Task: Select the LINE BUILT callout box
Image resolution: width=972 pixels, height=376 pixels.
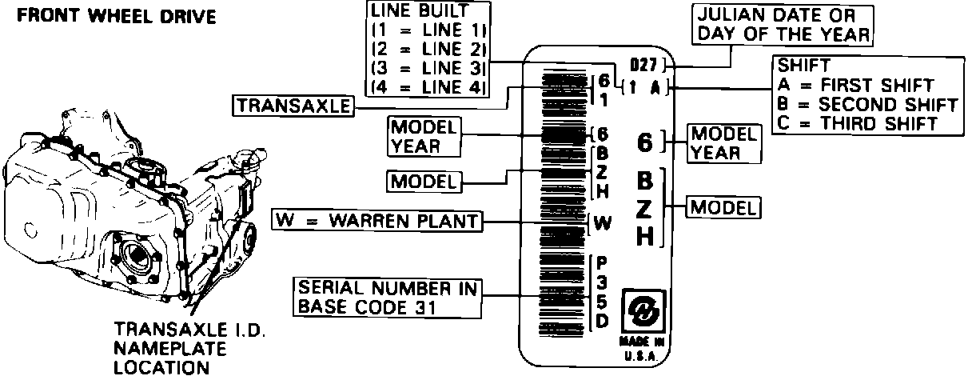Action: [x=427, y=50]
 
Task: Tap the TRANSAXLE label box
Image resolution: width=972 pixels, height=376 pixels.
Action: [x=293, y=106]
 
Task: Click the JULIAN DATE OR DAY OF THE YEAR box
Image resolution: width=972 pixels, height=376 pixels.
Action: [x=783, y=26]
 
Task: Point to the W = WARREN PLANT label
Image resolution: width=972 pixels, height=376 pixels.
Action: [x=378, y=220]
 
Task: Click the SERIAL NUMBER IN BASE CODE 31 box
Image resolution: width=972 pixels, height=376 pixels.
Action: [x=388, y=297]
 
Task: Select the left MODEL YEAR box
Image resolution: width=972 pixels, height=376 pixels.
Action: [x=424, y=137]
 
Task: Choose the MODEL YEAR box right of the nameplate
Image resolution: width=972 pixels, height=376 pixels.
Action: [x=724, y=142]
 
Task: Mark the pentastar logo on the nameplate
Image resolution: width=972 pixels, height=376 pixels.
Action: [x=644, y=312]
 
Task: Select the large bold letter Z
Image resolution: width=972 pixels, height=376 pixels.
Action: [x=646, y=207]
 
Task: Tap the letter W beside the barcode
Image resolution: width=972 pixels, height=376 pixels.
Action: [x=603, y=224]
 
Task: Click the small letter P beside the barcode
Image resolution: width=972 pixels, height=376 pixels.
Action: [x=602, y=262]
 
